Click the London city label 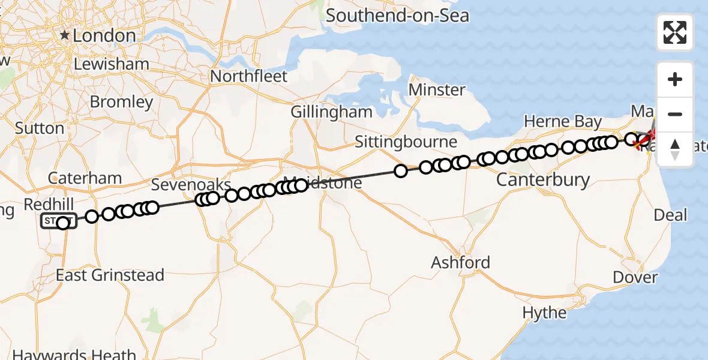click(104, 36)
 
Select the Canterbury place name click(543, 179)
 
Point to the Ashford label click(460, 262)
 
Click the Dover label click(636, 277)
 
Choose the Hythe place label click(544, 313)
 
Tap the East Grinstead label click(110, 275)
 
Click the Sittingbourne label click(406, 142)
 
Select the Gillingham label click(331, 112)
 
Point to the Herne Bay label click(563, 122)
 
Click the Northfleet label click(249, 76)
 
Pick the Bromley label click(121, 102)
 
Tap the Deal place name click(671, 215)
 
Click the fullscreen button click(675, 32)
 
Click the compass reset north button click(675, 149)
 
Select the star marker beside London click(65, 35)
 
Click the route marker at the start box click(63, 223)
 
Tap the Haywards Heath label click(76, 354)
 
